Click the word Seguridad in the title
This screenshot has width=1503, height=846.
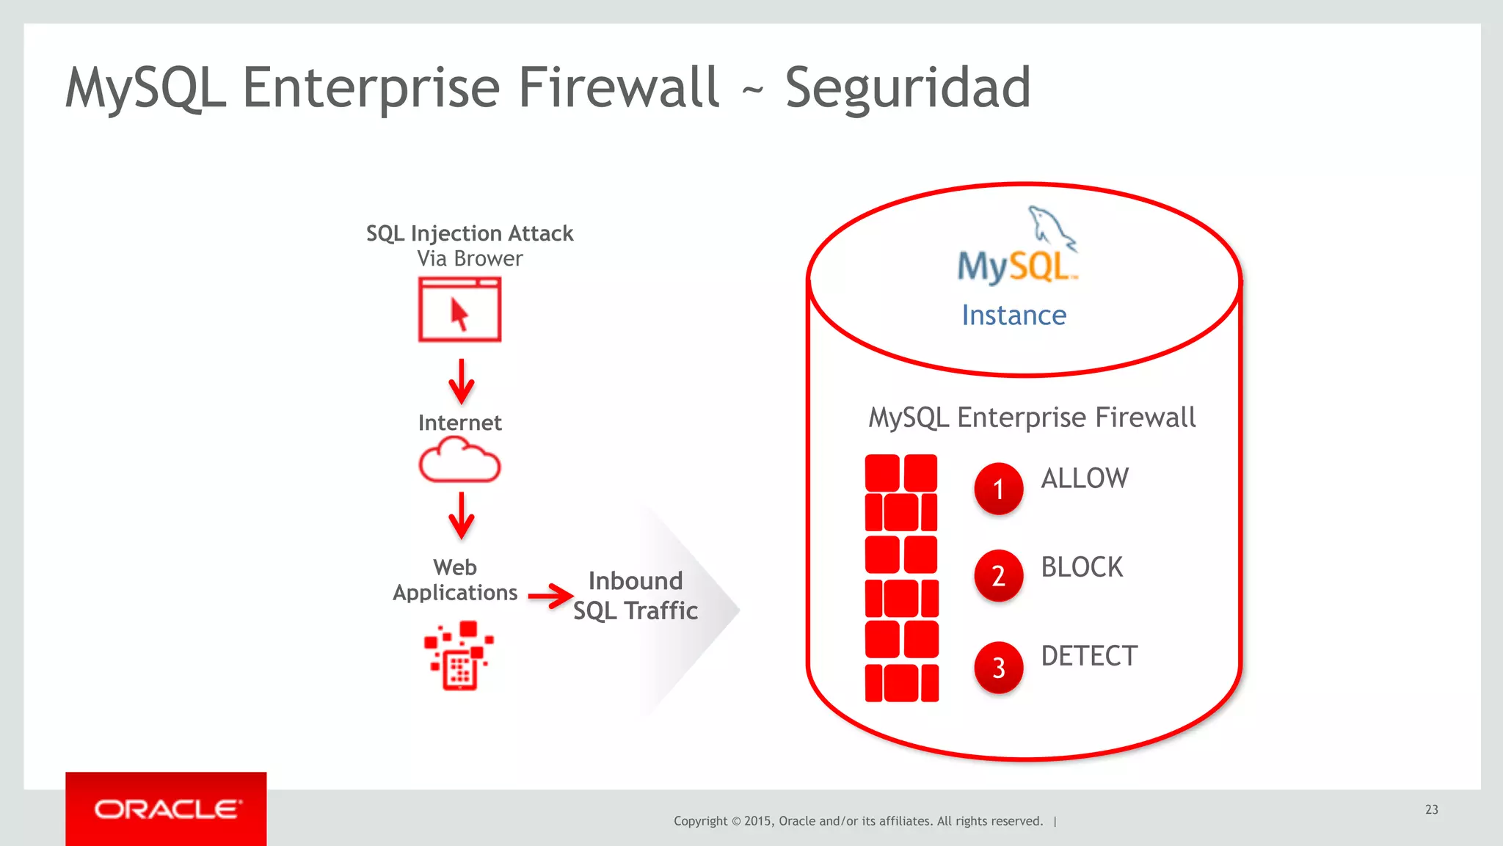click(x=908, y=88)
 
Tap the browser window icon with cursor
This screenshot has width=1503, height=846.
click(x=459, y=310)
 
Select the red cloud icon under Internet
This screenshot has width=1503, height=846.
click(x=459, y=460)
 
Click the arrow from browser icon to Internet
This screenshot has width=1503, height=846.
click(x=461, y=381)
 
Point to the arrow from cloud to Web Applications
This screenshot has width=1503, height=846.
click(x=461, y=515)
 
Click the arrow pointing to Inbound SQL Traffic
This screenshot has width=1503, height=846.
click(x=550, y=595)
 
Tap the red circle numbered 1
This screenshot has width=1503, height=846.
click(x=998, y=488)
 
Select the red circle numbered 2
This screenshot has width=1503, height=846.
click(x=998, y=575)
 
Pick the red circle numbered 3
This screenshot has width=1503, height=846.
click(x=998, y=667)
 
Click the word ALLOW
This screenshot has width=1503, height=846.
click(x=1085, y=478)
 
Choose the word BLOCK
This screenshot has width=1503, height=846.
click(x=1082, y=567)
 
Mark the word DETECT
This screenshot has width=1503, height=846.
click(x=1089, y=656)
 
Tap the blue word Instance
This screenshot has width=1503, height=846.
click(x=1013, y=316)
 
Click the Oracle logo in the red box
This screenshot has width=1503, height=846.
click(x=167, y=809)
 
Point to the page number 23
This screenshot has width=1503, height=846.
click(x=1431, y=809)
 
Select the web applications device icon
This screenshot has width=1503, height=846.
click(x=459, y=655)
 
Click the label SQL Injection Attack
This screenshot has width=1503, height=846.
click(x=470, y=233)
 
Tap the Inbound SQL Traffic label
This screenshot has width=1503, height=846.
click(x=636, y=596)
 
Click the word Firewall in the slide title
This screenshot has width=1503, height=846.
click(x=619, y=88)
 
